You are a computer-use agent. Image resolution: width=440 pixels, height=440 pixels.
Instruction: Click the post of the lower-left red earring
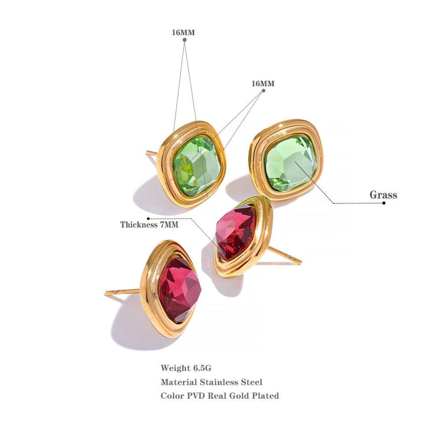click(123, 292)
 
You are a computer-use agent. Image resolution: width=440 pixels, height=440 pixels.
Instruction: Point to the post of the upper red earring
click(286, 256)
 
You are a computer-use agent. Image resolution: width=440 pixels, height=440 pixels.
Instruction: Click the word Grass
click(383, 195)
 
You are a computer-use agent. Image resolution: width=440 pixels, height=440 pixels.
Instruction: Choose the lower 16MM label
click(263, 83)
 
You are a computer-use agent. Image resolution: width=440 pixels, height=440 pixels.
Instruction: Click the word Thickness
click(140, 224)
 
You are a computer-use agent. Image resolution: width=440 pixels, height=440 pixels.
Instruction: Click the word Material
click(180, 382)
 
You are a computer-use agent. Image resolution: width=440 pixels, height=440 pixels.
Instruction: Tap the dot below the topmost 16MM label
click(184, 40)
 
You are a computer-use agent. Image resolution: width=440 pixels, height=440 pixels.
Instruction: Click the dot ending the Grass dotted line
click(384, 204)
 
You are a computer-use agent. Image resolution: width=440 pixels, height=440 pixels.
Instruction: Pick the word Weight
click(175, 368)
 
